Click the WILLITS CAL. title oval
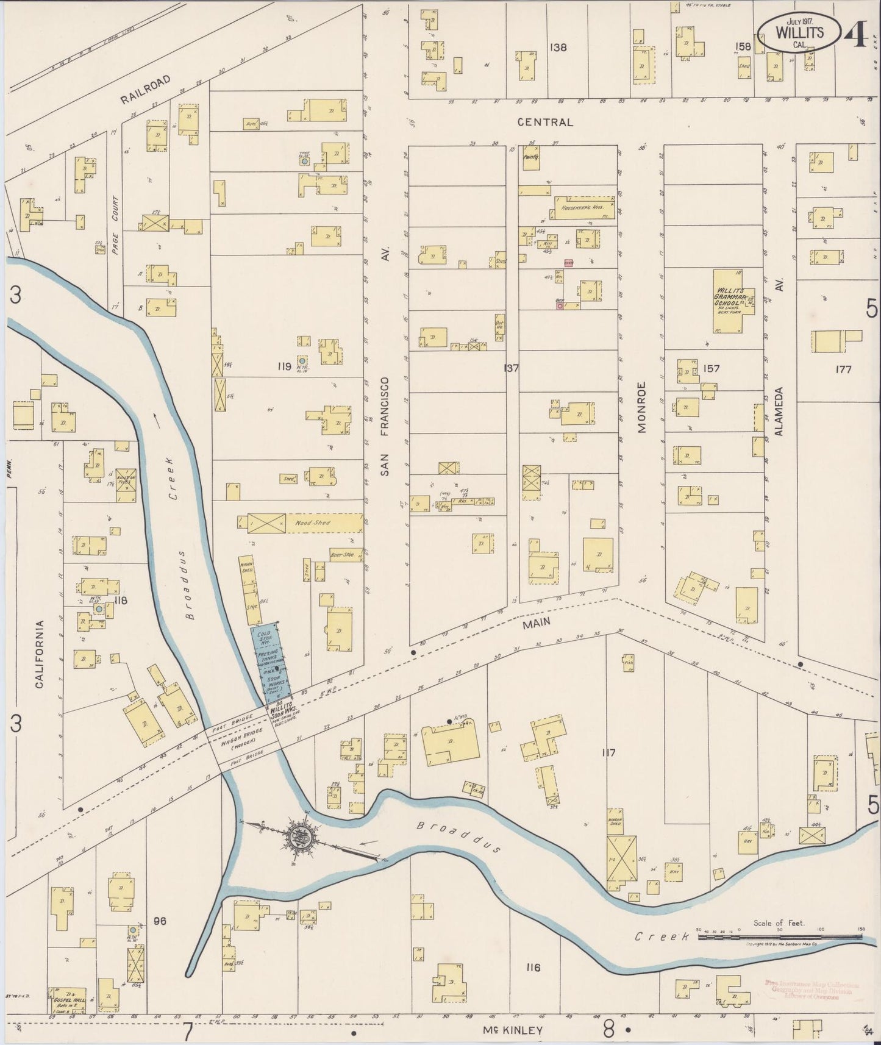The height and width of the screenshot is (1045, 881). [x=799, y=30]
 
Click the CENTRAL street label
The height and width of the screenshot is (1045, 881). [x=545, y=122]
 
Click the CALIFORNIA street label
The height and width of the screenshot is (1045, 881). [x=39, y=654]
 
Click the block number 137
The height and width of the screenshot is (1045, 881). [x=510, y=368]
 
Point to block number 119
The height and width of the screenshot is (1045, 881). [x=283, y=366]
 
